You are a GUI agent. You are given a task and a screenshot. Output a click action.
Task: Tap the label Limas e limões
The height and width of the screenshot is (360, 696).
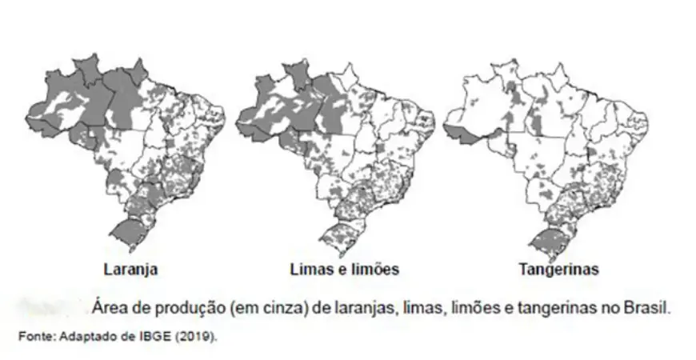click(x=344, y=269)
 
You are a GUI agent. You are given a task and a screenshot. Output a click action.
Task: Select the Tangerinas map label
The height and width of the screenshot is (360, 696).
click(x=559, y=269)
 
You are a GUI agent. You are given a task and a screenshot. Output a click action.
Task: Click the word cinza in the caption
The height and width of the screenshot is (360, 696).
click(x=288, y=306)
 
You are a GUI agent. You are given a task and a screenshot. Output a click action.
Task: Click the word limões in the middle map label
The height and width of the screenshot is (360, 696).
click(x=375, y=269)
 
